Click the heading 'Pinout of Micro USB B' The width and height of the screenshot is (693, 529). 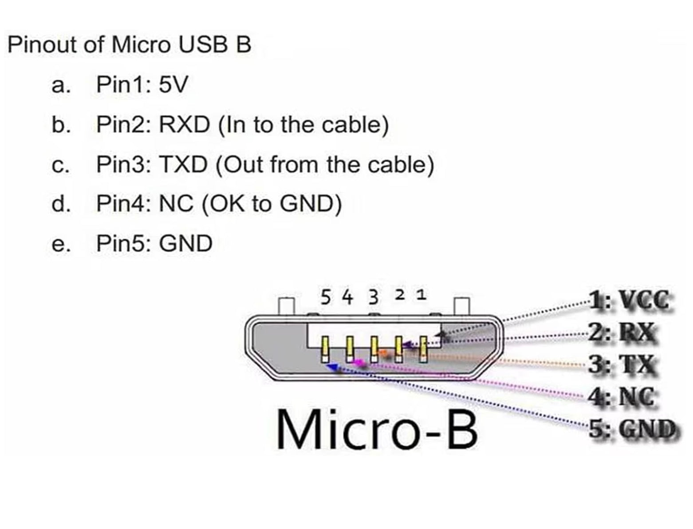(x=129, y=45)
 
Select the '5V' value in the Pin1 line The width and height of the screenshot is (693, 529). (x=173, y=84)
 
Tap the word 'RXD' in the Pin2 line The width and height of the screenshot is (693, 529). (x=184, y=125)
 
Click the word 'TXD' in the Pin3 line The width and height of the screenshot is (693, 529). (x=183, y=165)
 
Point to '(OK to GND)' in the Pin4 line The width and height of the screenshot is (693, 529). (x=272, y=204)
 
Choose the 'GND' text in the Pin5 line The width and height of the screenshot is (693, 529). (x=185, y=244)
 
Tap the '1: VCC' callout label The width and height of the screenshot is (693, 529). (x=629, y=301)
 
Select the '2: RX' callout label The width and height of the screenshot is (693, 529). (x=622, y=332)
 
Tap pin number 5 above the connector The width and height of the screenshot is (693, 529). (x=326, y=297)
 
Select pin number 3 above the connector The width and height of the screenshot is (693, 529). (x=374, y=297)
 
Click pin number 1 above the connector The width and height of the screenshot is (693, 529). (x=421, y=295)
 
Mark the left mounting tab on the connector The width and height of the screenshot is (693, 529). (x=286, y=306)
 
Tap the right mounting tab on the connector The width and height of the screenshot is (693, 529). (x=461, y=306)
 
